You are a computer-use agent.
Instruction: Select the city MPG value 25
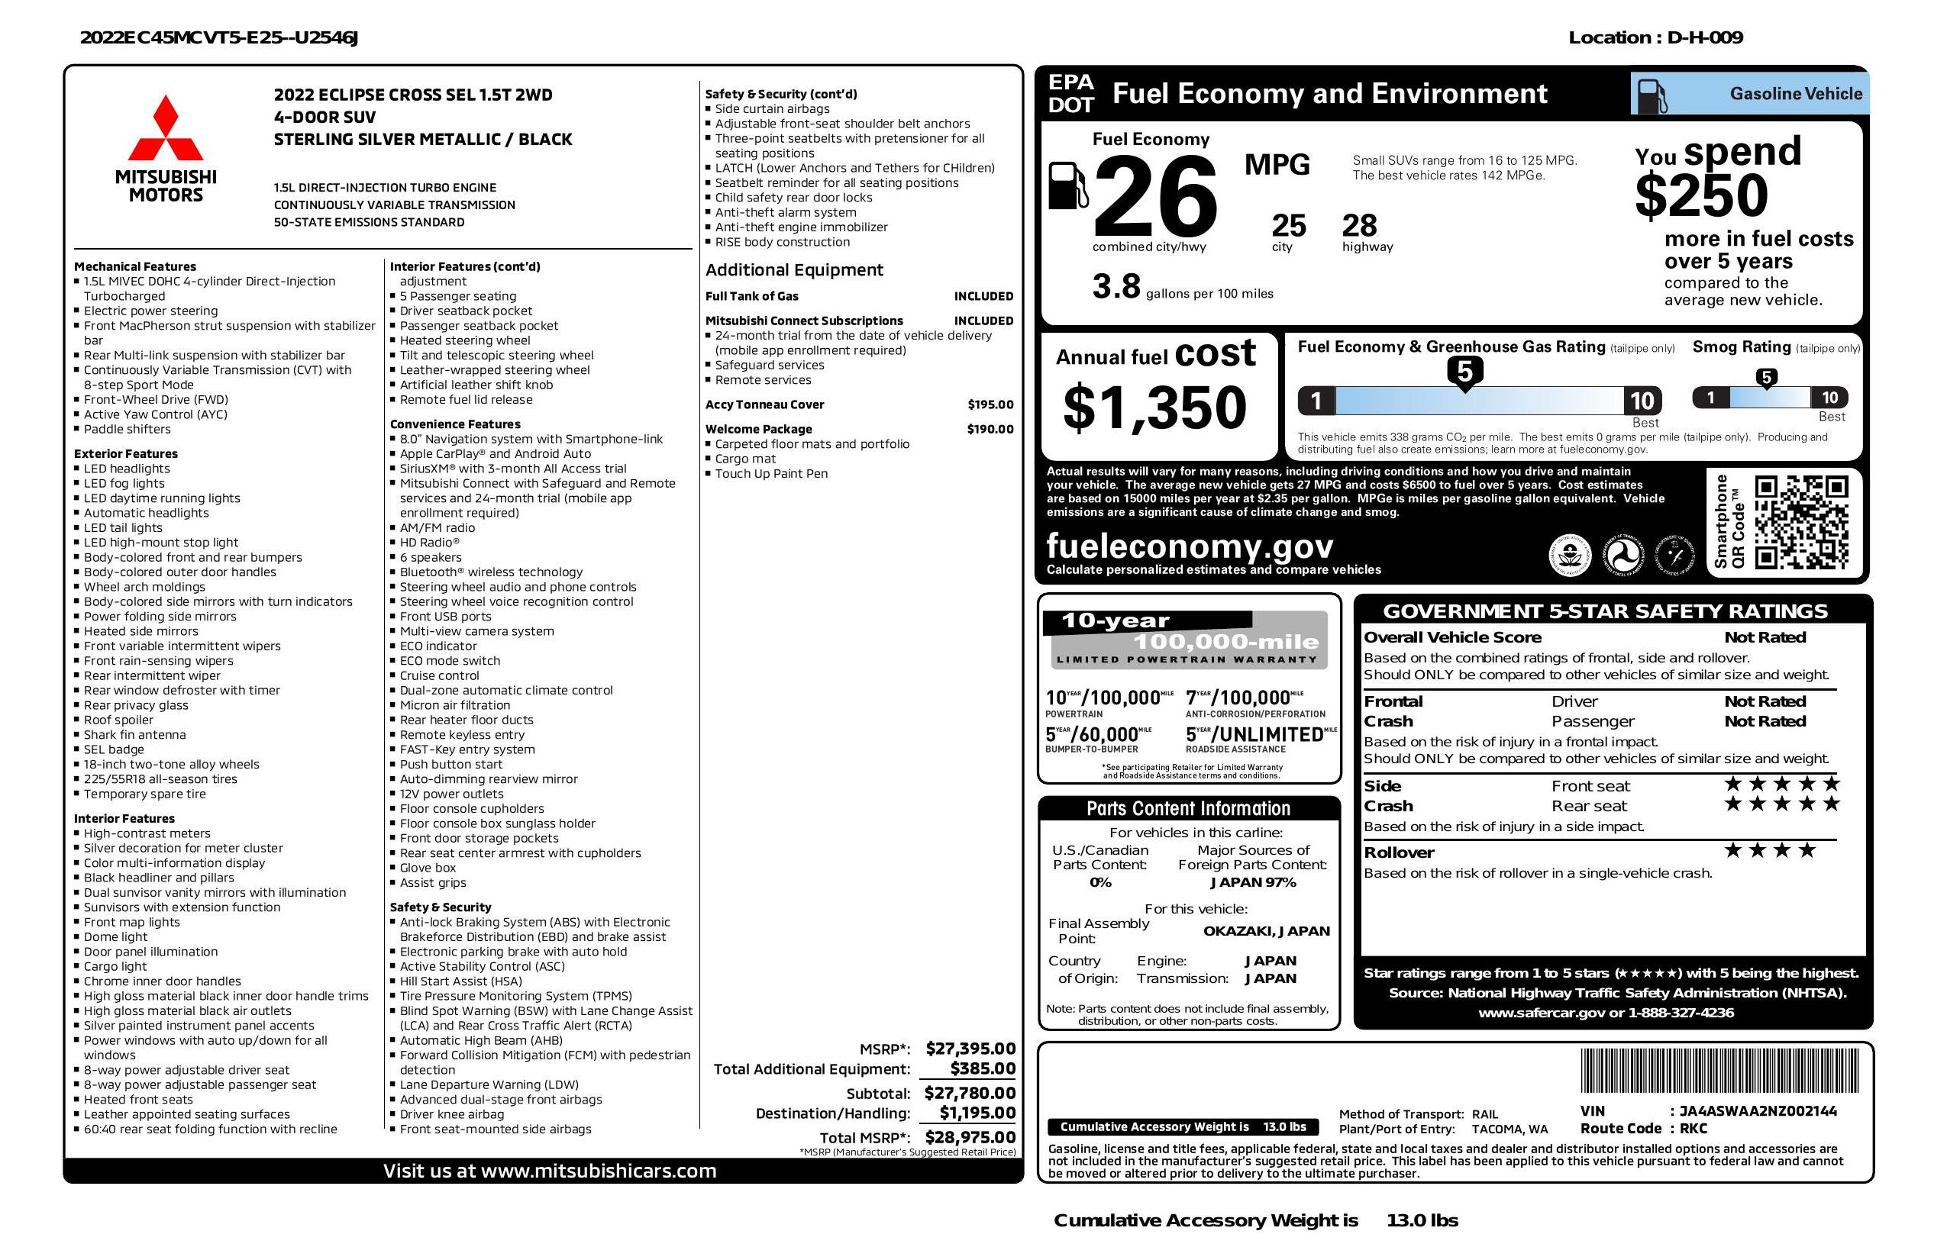(x=1289, y=226)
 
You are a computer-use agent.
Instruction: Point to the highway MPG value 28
(x=1360, y=226)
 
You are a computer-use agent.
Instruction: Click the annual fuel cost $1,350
(x=1154, y=408)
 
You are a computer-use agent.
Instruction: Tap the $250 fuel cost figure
(x=1702, y=196)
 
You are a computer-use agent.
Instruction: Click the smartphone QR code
(x=1800, y=522)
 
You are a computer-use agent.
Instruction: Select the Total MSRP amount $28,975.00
(x=970, y=1136)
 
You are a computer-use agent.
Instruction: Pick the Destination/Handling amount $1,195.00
(x=977, y=1113)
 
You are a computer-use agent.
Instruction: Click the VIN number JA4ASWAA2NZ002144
(x=1758, y=1111)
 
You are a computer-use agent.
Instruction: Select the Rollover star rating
(x=1770, y=851)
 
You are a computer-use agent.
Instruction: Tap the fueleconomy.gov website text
(x=1190, y=546)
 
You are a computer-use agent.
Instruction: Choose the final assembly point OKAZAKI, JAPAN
(x=1266, y=931)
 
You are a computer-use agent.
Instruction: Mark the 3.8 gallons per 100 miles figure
(x=1116, y=287)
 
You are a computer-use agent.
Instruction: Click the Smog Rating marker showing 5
(x=1766, y=378)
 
